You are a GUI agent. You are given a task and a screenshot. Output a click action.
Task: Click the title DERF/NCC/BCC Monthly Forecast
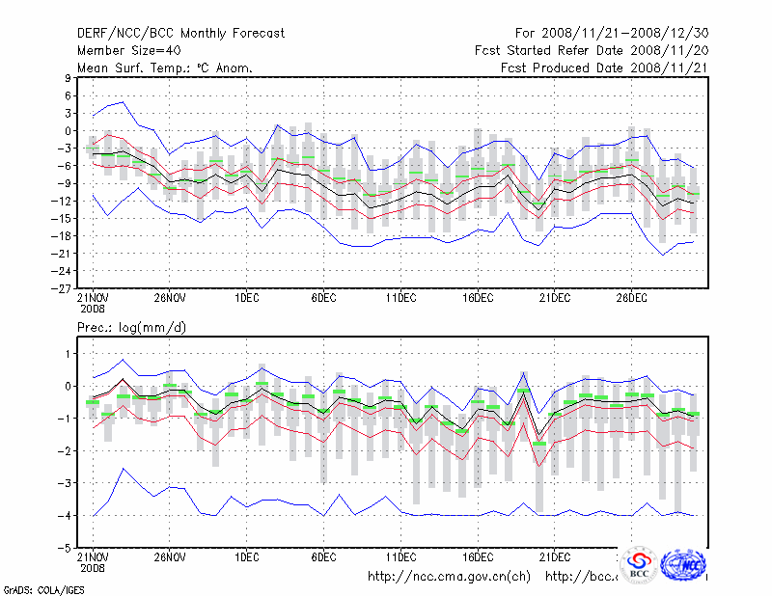pyautogui.click(x=180, y=34)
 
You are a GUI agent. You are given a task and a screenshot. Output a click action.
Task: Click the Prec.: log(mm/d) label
pyautogui.click(x=132, y=328)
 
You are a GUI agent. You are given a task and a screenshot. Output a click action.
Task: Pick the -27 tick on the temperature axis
pyautogui.click(x=65, y=288)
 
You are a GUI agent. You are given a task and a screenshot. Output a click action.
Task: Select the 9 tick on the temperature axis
pyautogui.click(x=69, y=78)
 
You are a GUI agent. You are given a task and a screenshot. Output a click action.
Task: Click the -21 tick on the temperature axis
pyautogui.click(x=65, y=254)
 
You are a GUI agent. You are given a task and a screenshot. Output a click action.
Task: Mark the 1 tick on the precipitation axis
pyautogui.click(x=69, y=354)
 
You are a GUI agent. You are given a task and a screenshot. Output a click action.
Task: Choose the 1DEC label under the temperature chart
pyautogui.click(x=246, y=298)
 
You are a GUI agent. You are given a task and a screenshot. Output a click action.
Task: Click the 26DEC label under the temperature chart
pyautogui.click(x=631, y=298)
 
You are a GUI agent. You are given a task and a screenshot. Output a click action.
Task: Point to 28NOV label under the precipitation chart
pyautogui.click(x=170, y=557)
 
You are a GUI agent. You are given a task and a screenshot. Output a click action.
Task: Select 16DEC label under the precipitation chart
pyautogui.click(x=477, y=557)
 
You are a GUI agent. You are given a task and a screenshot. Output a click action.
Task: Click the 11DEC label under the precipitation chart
pyautogui.click(x=400, y=557)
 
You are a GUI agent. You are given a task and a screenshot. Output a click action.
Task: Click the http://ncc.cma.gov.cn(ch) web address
pyautogui.click(x=449, y=577)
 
